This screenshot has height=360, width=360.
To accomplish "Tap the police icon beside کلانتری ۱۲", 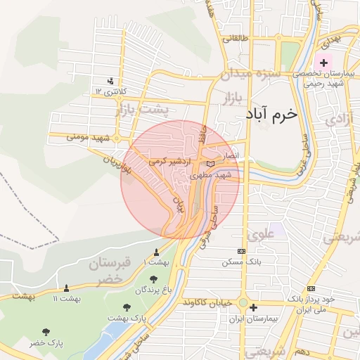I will coord(110,81).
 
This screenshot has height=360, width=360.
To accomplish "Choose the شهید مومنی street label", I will coord(89,136).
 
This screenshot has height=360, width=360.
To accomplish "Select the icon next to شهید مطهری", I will coord(211,165).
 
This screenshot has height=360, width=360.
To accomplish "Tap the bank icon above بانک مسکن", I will coord(242,251).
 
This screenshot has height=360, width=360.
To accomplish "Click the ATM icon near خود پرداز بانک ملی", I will coord(311,289).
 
